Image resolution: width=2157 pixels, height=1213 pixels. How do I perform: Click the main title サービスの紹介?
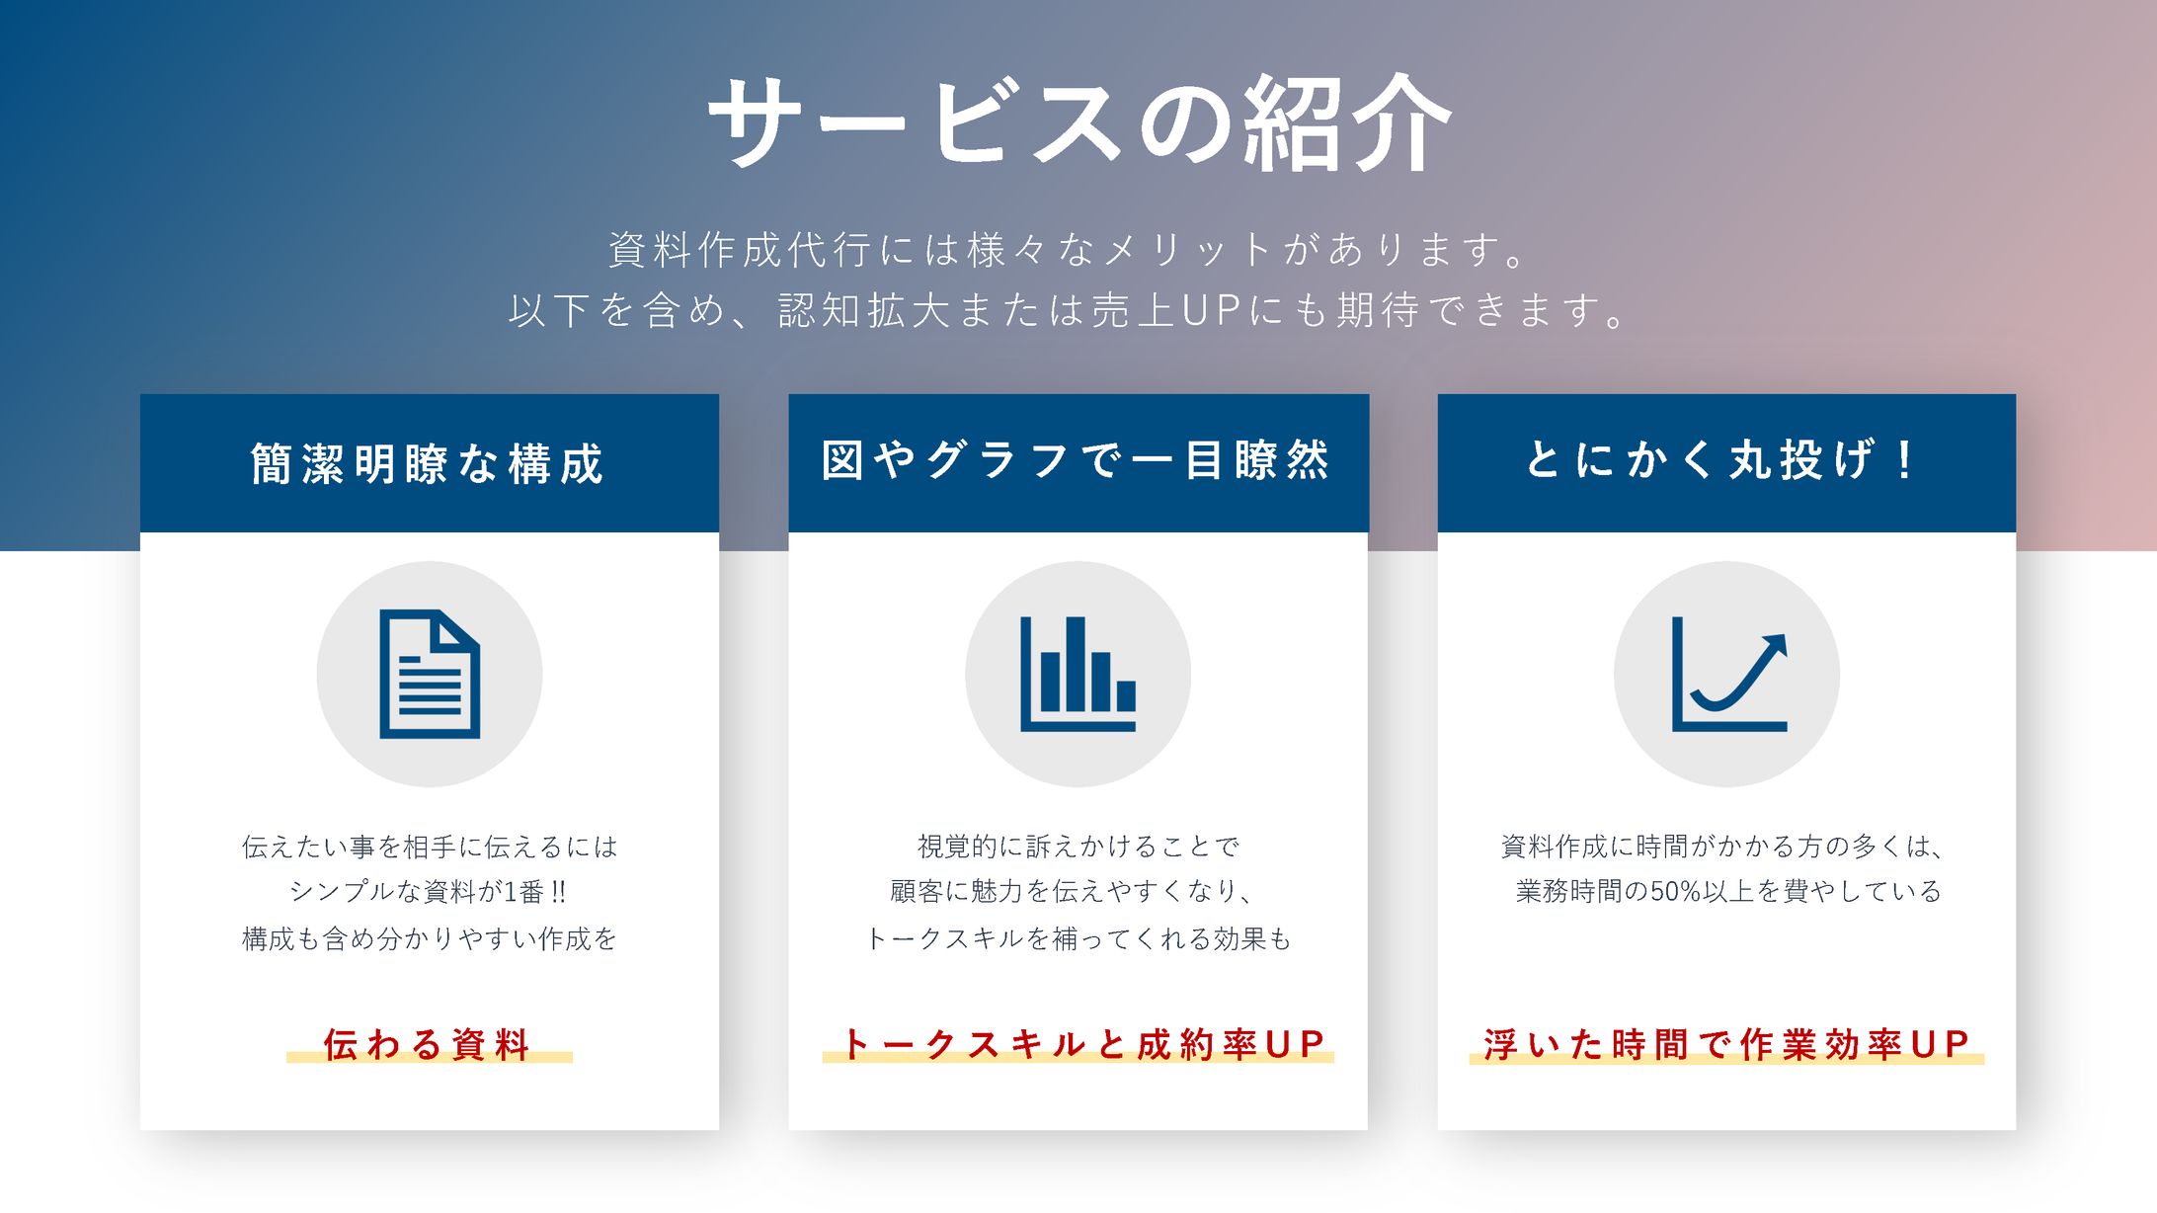(x=1078, y=122)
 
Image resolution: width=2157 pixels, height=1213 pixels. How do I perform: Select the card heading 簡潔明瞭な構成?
(x=428, y=463)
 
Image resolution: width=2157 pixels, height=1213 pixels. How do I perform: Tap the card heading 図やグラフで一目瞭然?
(x=1077, y=460)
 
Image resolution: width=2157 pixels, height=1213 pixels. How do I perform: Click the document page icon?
(x=430, y=675)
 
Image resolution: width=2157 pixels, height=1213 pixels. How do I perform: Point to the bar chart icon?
(x=1078, y=675)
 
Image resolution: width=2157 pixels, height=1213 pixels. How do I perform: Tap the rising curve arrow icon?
(x=1728, y=675)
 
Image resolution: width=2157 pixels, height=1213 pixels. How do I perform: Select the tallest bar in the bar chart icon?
(x=1076, y=664)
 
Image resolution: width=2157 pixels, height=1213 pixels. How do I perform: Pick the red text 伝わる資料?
(x=428, y=1044)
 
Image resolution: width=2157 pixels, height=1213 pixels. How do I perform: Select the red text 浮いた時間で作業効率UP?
(x=1726, y=1044)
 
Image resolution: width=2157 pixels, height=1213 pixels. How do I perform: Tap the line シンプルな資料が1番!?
(x=428, y=892)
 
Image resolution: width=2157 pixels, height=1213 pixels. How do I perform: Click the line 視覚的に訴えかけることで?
(x=1078, y=847)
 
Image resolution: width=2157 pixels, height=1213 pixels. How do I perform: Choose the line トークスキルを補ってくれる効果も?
(x=1078, y=938)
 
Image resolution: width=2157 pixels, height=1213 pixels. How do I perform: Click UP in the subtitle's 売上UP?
(x=1211, y=311)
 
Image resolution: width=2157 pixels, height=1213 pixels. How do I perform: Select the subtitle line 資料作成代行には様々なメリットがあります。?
(x=1070, y=250)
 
